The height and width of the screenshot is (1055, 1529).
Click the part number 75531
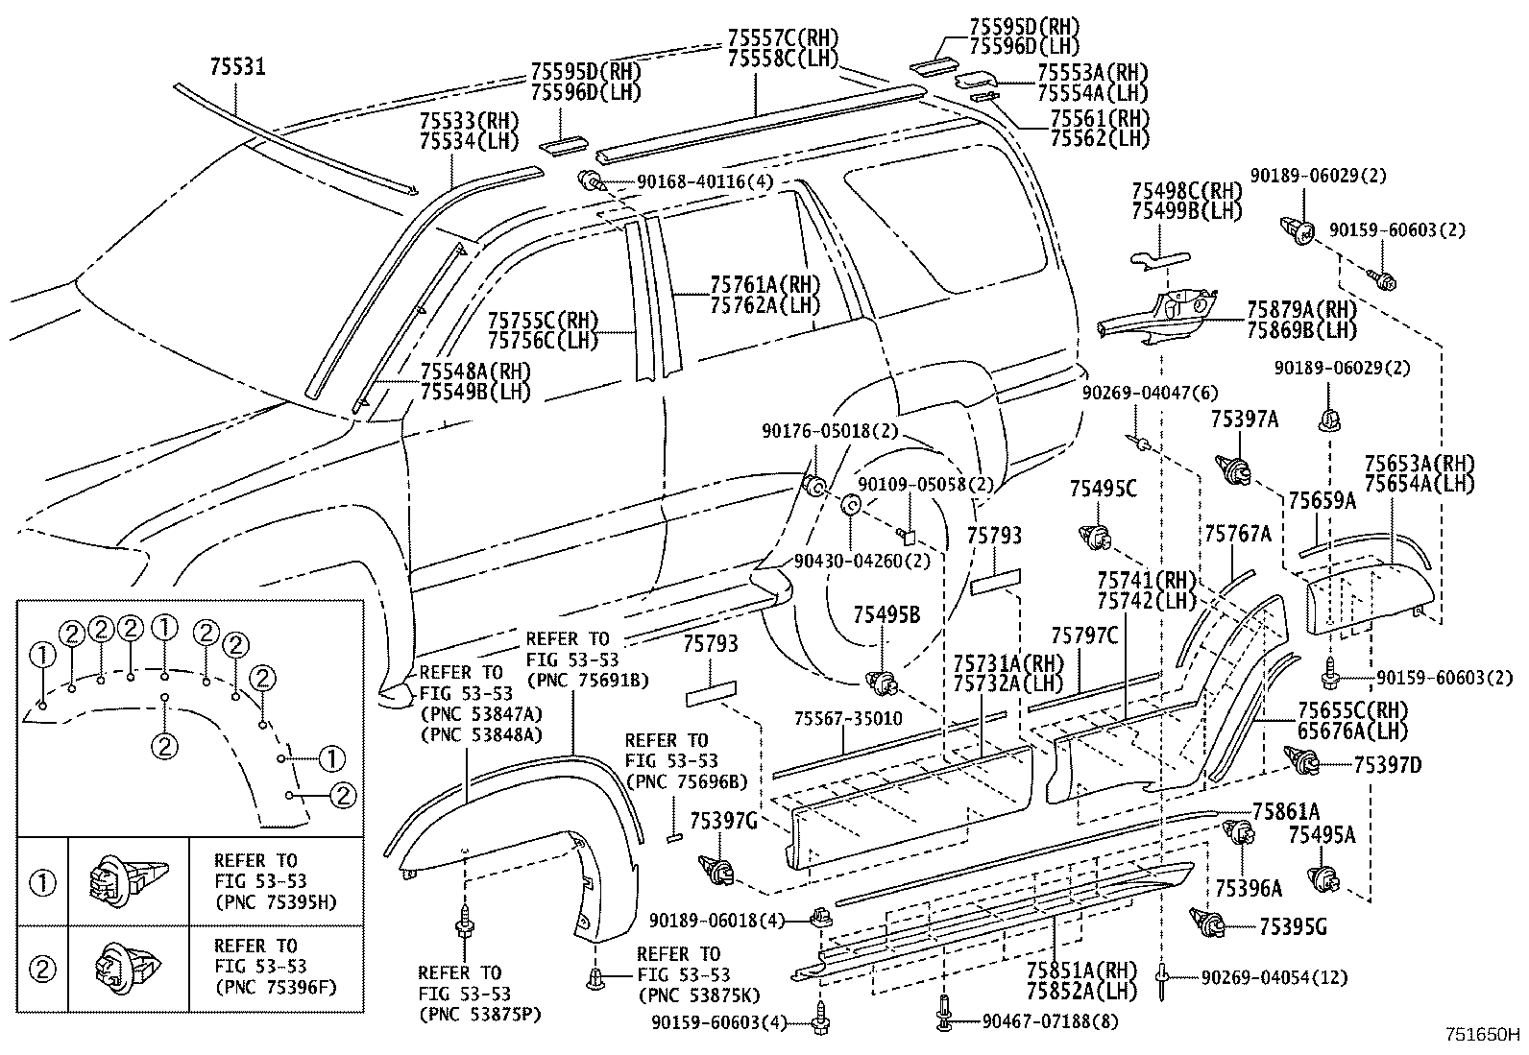(238, 67)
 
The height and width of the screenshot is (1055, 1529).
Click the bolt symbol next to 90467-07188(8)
(942, 1016)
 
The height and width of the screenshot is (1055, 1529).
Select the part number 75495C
(1103, 490)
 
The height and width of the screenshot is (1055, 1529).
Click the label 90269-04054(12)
(1274, 977)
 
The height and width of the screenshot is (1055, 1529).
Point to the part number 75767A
(1237, 534)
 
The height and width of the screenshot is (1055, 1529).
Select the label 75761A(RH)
(764, 285)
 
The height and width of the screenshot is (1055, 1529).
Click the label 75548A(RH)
(475, 372)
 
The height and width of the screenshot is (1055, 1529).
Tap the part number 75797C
(1084, 635)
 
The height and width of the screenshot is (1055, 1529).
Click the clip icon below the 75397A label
(1235, 469)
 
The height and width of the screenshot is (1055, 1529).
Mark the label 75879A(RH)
(1301, 309)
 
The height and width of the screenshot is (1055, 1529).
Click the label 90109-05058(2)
(925, 485)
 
